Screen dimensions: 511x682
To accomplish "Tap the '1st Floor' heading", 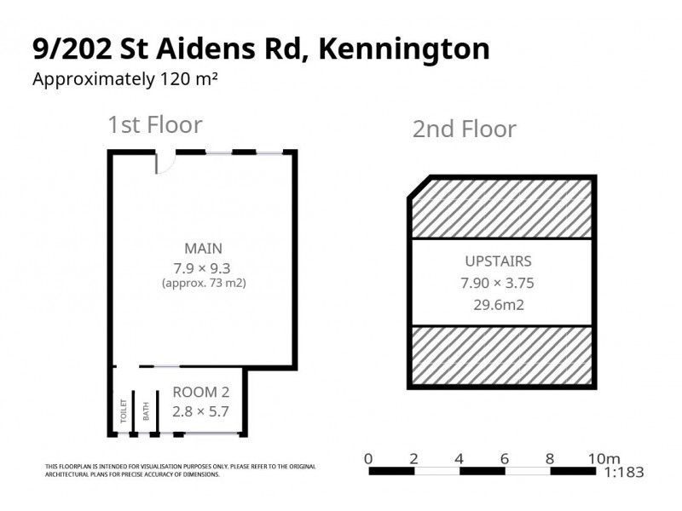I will [154, 125].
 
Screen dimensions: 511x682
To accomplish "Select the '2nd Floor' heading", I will [464, 129].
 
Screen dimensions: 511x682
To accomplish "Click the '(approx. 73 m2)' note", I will [204, 283].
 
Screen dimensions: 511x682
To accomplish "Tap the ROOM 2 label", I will [200, 393].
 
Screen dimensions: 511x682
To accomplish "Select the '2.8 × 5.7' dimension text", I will [200, 411].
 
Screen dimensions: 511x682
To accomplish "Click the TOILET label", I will [124, 411].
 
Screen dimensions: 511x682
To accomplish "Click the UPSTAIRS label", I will [499, 261].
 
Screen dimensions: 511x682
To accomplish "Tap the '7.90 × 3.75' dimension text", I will [499, 284].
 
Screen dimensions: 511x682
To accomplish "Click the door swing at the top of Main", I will [165, 162].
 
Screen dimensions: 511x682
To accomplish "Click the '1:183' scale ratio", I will [623, 473].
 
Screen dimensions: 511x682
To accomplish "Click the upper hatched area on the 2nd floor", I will [503, 207].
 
